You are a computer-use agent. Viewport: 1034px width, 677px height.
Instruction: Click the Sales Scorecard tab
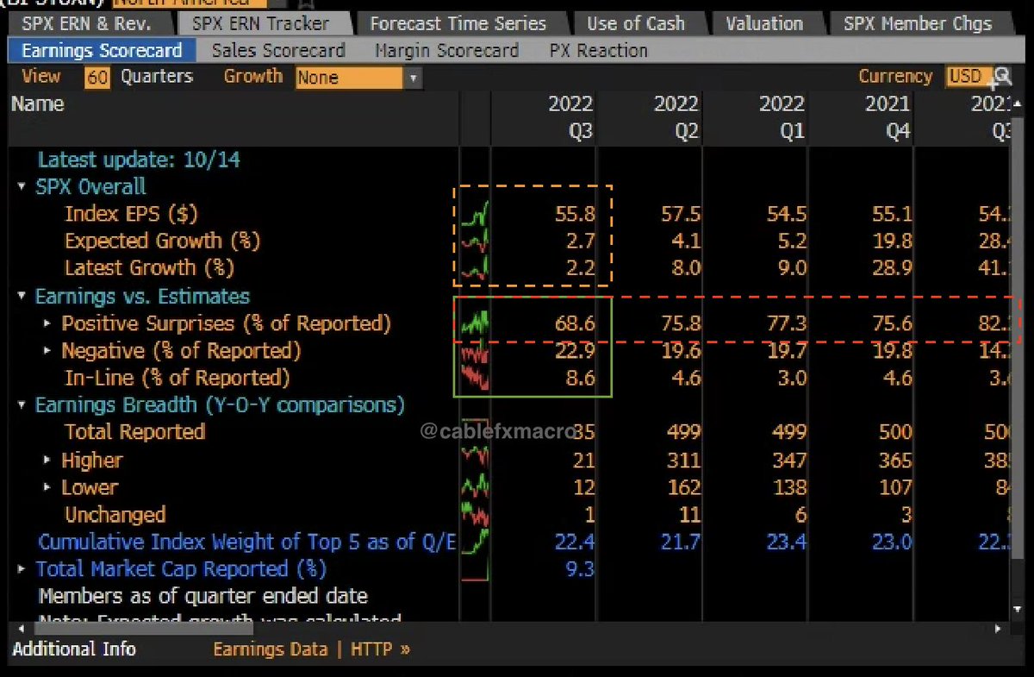tap(277, 51)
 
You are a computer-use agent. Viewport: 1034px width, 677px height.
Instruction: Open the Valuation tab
tap(764, 23)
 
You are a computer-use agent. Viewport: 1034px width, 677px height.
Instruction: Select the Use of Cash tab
tap(636, 23)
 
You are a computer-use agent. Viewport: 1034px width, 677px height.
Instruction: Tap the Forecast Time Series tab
tap(458, 23)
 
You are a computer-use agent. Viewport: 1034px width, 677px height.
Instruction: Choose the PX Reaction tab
tap(598, 51)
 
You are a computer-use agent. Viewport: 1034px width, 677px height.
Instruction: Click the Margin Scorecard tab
tap(446, 51)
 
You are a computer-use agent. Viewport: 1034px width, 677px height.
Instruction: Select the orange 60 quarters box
tap(97, 78)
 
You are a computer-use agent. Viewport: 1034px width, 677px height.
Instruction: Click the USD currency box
tap(965, 77)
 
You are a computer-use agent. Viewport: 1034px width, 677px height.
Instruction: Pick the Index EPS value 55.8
tap(574, 214)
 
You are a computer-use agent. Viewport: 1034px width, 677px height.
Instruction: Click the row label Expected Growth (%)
tap(162, 241)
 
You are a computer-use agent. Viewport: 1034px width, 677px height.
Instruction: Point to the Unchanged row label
tap(115, 515)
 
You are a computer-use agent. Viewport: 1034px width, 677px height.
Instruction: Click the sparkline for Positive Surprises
tap(475, 324)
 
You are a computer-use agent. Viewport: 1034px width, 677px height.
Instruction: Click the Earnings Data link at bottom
tap(270, 649)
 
